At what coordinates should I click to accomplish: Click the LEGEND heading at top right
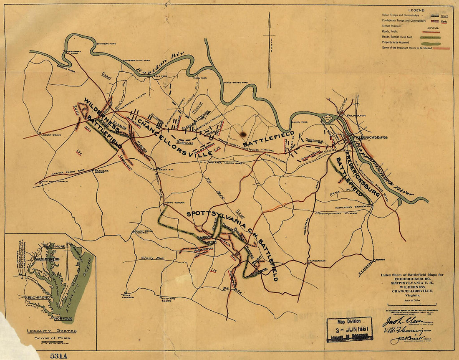click(x=416, y=10)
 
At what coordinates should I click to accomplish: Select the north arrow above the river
click(x=269, y=50)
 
